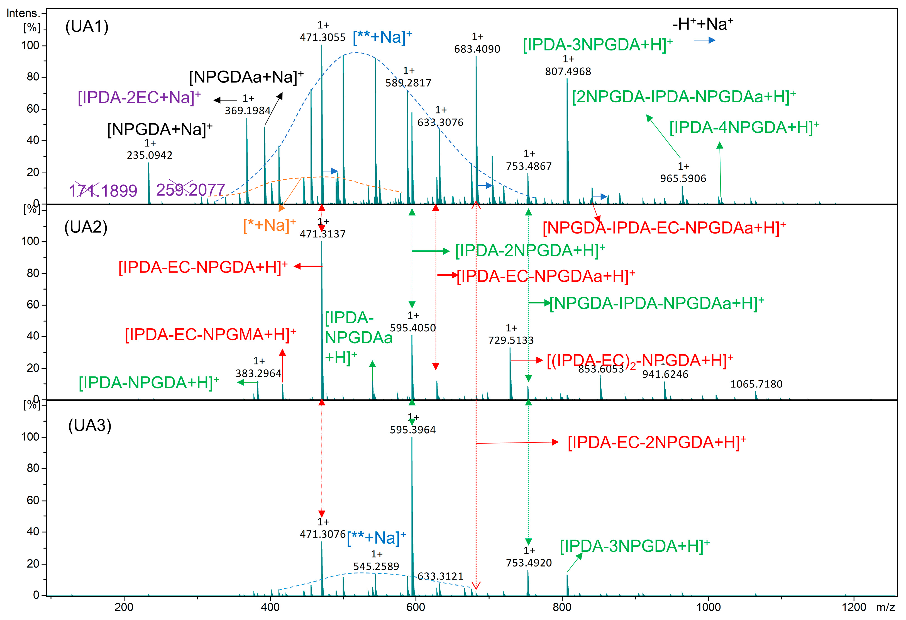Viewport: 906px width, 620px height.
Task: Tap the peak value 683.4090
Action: pos(477,49)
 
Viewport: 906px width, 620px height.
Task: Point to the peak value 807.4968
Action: pos(568,71)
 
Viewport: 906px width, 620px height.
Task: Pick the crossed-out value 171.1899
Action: pos(103,191)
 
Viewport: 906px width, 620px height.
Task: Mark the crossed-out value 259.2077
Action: pos(191,190)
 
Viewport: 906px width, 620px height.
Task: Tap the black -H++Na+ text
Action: pos(702,24)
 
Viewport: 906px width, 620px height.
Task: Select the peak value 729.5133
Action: pos(511,341)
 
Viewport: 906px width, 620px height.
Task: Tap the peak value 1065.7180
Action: pos(756,384)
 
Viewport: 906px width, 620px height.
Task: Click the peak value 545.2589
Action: pos(376,566)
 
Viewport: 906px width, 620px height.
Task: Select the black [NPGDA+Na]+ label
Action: pos(160,129)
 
